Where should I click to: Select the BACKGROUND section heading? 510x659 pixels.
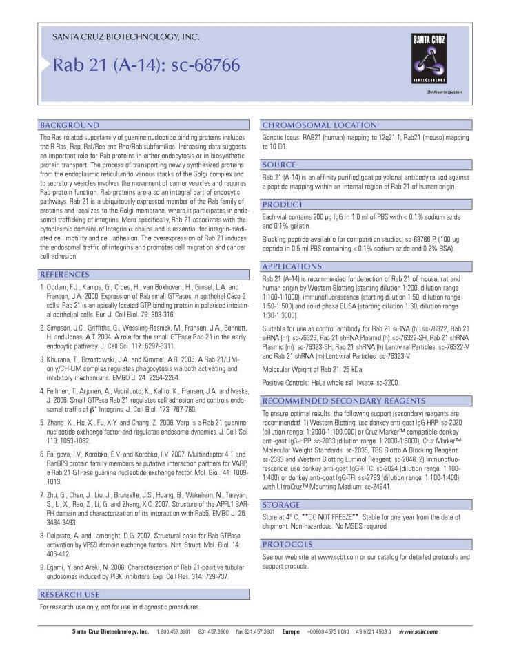point(70,125)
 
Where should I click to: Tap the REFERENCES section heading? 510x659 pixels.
point(70,275)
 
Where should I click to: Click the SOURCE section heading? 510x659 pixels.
point(279,165)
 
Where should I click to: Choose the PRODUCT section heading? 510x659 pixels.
point(283,205)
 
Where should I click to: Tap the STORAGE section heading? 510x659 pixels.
point(281,505)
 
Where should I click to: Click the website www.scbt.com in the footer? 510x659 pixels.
point(418,631)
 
